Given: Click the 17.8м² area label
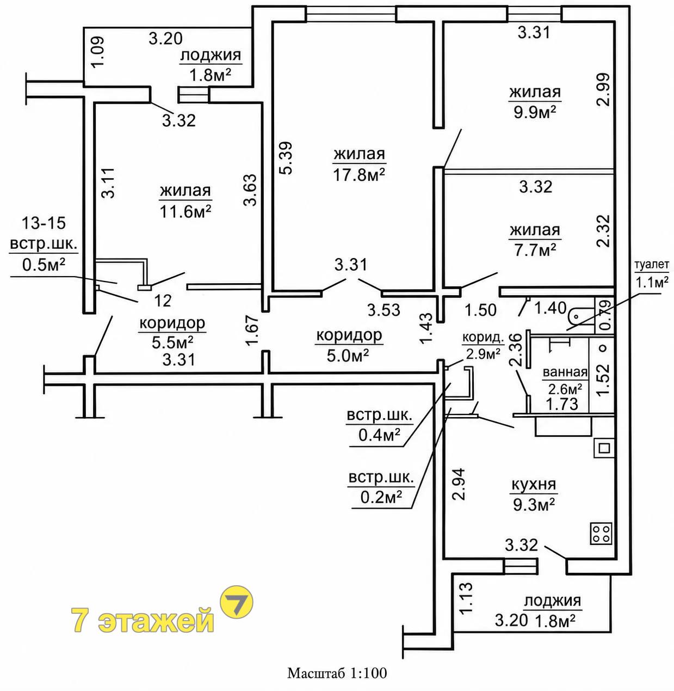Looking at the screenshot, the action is tap(359, 175).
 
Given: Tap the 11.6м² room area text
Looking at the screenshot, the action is tap(185, 212).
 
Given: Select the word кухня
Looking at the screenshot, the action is tap(534, 485).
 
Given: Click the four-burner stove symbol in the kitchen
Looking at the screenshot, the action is tap(601, 534).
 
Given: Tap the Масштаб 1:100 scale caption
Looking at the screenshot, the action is tap(337, 673).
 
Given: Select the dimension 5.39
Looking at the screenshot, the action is tap(286, 158).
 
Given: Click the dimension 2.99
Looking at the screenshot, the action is tap(603, 89).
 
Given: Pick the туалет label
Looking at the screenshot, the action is tap(651, 265).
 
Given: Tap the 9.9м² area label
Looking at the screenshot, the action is tap(534, 113).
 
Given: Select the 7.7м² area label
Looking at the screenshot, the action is tap(534, 250).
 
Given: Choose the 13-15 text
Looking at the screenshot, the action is tap(44, 223).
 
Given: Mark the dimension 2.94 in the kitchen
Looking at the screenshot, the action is tap(459, 484).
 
